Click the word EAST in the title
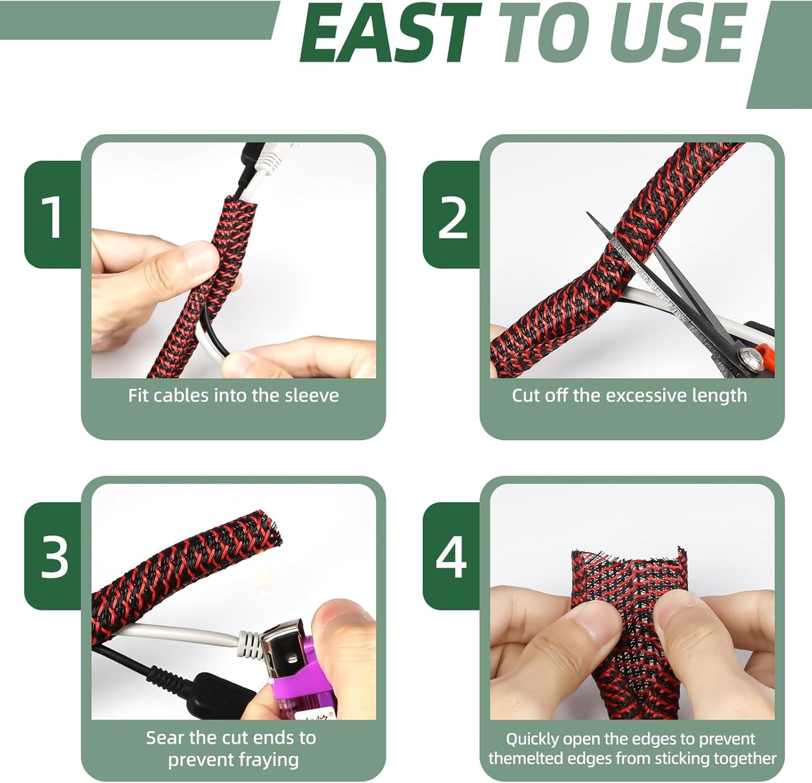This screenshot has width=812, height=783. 391,33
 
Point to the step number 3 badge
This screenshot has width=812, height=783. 53,557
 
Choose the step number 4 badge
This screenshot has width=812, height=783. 451,557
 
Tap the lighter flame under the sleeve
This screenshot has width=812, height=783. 264,570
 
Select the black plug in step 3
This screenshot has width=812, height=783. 221,693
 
